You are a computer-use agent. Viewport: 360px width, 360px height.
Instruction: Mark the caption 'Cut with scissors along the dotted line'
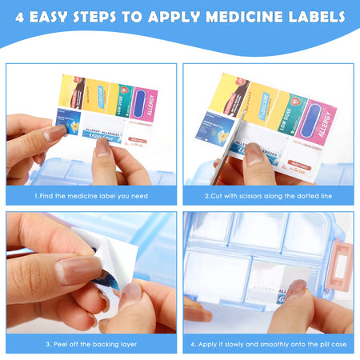269,194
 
